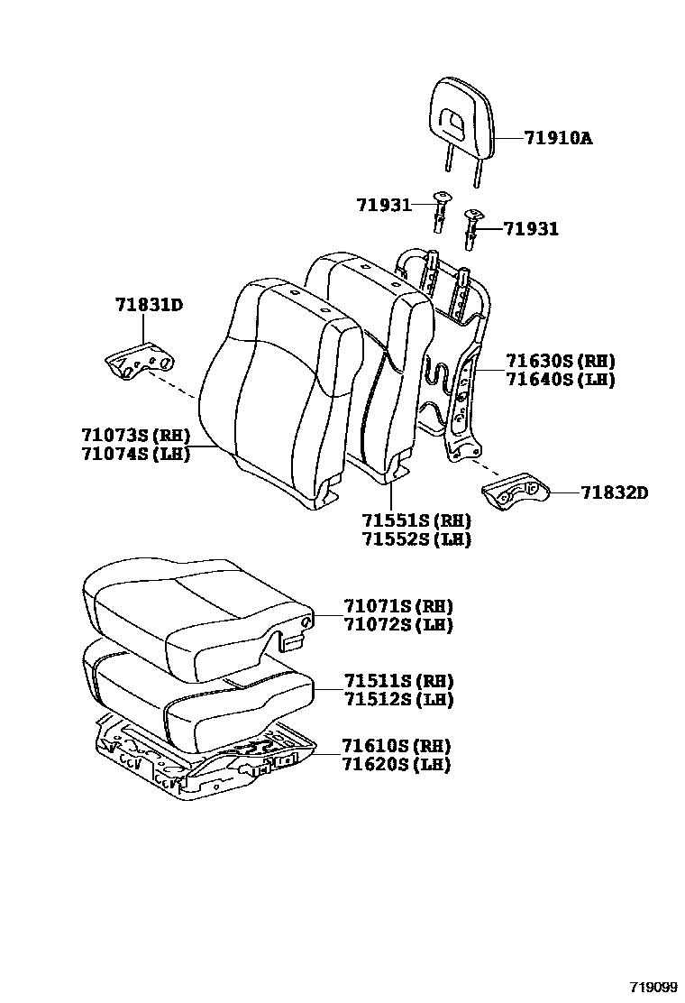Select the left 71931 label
pos(384,207)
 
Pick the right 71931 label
pos(531,229)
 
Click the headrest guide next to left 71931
pos(441,213)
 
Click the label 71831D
pos(149,305)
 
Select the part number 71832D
pos(614,492)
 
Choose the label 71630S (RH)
pos(560,361)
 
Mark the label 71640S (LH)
pos(560,380)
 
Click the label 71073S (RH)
pos(134,436)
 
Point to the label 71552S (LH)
pos(416,539)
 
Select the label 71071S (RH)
pos(397,606)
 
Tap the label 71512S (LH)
pos(397,700)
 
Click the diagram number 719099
pos(651,987)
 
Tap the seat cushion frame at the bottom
pos(198,758)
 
